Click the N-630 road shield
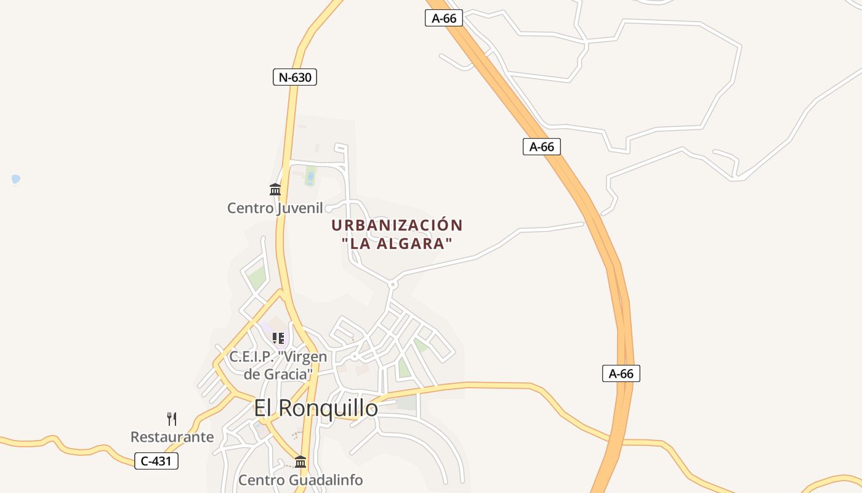point(295,77)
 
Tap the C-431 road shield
point(156,460)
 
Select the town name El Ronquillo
point(316,407)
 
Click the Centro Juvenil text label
point(275,208)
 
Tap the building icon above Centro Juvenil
point(275,189)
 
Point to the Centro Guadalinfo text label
point(300,479)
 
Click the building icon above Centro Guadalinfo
point(300,462)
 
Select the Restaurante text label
point(172,437)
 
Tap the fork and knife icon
point(172,419)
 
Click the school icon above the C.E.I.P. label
point(278,338)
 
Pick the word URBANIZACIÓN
point(397,225)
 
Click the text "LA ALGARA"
point(397,243)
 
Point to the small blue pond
point(16,179)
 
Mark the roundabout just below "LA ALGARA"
point(392,284)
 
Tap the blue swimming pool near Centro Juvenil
point(310,177)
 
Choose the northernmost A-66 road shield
point(444,18)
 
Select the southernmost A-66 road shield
point(621,373)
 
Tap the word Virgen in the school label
point(302,356)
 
